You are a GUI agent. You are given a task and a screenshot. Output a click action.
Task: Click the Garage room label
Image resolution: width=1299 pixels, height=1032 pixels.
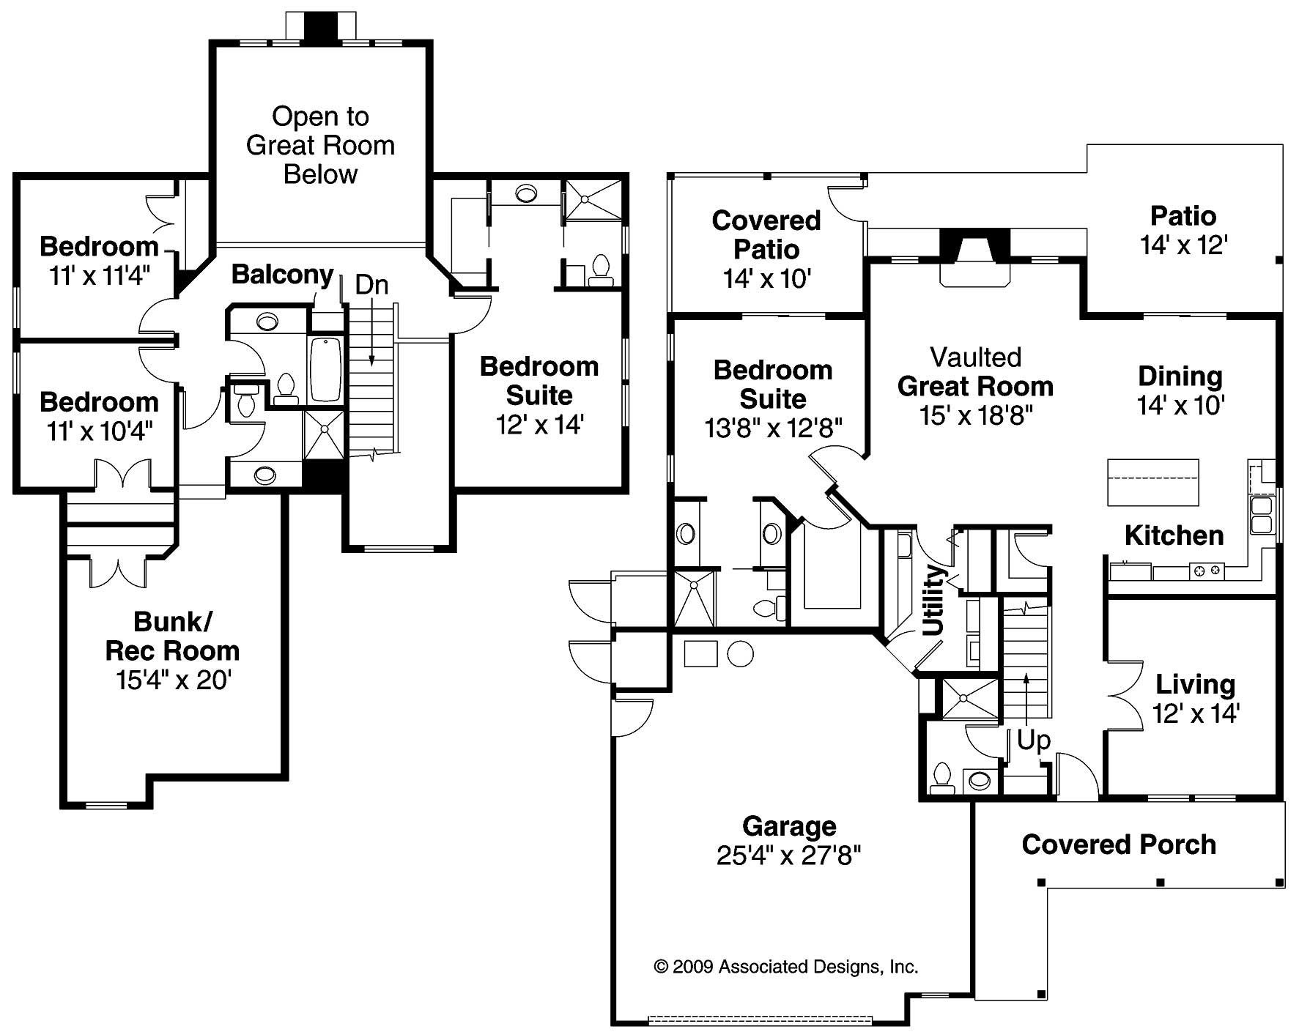pos(788,826)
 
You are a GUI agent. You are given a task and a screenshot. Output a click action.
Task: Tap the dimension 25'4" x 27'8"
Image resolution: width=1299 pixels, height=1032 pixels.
pos(788,855)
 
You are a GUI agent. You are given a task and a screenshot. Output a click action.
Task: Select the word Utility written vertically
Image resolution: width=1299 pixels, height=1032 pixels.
pos(934,600)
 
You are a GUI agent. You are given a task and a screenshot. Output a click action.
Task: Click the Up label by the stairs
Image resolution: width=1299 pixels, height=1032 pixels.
pos(1033,740)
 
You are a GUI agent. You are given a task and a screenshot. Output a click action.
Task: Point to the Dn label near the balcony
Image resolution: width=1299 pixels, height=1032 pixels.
pos(371,285)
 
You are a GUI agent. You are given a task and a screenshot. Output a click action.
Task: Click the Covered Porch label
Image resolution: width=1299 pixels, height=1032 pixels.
pos(1118,844)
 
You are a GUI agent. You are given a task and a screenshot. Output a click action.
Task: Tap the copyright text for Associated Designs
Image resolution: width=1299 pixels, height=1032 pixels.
pos(785,967)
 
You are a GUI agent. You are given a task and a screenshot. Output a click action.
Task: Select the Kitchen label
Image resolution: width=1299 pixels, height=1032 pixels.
pos(1174,535)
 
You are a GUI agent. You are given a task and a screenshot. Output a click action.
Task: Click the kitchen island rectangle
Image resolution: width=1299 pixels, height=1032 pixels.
pos(1152,482)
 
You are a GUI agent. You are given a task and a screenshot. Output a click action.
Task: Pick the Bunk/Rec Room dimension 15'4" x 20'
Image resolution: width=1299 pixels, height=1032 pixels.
pos(173,680)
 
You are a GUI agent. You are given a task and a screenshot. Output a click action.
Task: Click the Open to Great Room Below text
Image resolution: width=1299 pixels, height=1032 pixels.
pos(320,145)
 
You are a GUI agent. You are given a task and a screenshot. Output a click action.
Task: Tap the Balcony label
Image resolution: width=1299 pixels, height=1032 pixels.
pos(282,274)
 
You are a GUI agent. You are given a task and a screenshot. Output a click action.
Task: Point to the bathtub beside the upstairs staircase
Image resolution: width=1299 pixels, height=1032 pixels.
pos(325,369)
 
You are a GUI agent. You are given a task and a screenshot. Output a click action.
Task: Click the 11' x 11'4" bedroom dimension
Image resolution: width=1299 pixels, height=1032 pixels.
pos(99,276)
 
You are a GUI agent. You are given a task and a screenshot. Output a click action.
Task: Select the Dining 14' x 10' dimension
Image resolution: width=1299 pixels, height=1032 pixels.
pos(1180,405)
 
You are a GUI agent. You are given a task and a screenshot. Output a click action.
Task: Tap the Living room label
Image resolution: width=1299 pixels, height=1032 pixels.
pos(1195,685)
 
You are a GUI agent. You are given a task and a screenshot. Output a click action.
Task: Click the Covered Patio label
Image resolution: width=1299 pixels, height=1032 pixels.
pos(766,234)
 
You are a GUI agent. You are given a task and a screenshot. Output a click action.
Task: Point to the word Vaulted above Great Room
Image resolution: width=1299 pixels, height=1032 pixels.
pos(975,357)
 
